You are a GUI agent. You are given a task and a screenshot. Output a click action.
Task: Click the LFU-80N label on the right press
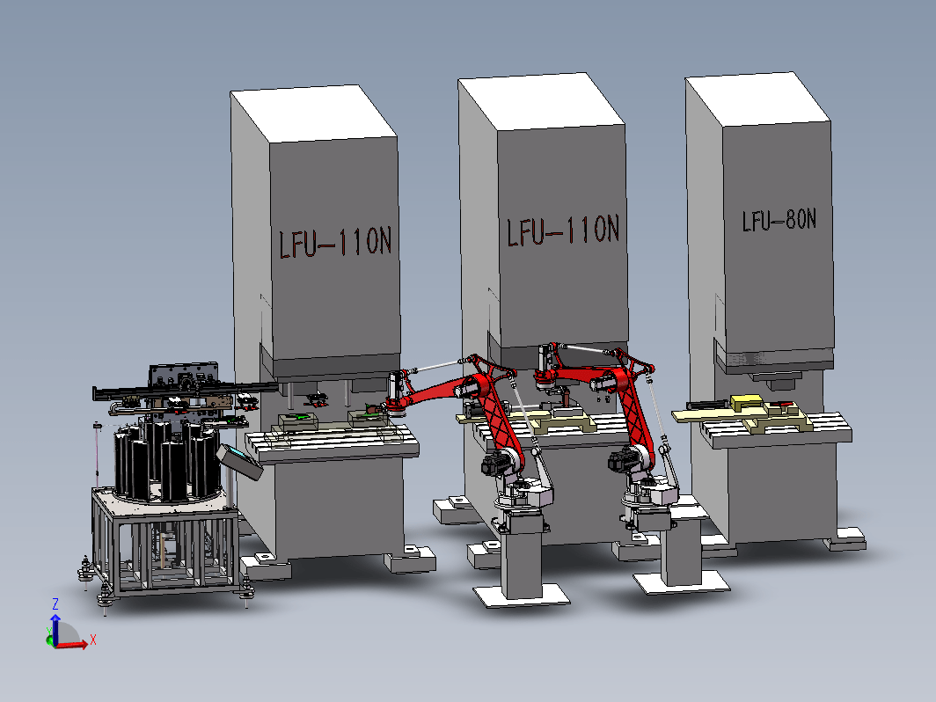click(779, 220)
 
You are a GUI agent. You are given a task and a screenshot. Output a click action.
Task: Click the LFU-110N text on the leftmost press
click(335, 243)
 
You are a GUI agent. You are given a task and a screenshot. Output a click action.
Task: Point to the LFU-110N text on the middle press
click(564, 231)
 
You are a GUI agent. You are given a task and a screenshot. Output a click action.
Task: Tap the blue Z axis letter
click(55, 604)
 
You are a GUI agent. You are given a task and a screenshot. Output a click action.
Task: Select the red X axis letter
click(92, 640)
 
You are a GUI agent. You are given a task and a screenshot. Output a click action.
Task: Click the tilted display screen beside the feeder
click(240, 462)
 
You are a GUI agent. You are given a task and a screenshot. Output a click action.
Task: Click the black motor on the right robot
click(624, 458)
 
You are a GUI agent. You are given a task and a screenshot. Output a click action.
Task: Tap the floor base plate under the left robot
click(521, 596)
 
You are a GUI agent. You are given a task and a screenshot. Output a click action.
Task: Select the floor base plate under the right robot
click(681, 582)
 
